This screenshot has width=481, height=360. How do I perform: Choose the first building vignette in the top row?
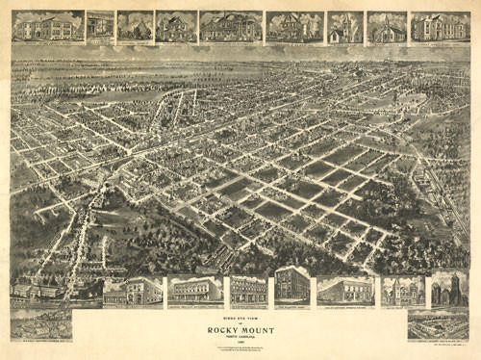click(x=47, y=27)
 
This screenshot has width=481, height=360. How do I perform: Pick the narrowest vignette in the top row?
click(x=99, y=27)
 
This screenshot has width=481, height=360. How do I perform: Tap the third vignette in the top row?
click(x=135, y=27)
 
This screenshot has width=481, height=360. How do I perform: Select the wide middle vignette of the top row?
click(x=230, y=27)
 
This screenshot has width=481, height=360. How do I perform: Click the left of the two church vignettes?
click(x=344, y=27)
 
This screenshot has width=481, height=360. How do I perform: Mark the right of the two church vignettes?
click(x=386, y=27)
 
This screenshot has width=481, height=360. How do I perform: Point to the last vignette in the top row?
click(x=440, y=27)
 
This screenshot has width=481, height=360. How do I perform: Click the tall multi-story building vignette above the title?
click(x=291, y=286)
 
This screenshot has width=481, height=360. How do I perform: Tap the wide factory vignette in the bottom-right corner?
click(x=438, y=325)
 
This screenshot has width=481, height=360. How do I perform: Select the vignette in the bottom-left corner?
click(x=39, y=323)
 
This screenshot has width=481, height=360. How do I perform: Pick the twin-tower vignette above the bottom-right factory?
click(x=449, y=288)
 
